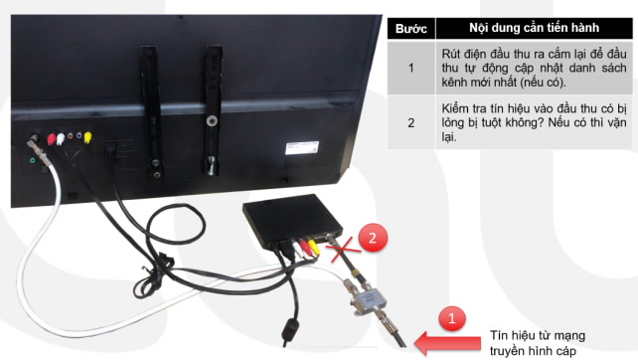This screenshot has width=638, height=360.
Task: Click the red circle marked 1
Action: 452,318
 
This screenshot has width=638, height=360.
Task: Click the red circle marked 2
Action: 373,237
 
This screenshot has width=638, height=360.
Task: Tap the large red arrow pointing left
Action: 447,343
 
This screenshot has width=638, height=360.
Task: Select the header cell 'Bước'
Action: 411,29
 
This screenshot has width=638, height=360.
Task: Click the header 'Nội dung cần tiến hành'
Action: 534,28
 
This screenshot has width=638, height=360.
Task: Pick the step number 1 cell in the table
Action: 411,68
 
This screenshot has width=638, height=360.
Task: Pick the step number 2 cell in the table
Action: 411,122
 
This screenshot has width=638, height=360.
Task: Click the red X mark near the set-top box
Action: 345,249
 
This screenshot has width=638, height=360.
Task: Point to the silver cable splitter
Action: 367,299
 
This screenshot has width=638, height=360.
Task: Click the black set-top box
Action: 293,221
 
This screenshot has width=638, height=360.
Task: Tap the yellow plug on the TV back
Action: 87,137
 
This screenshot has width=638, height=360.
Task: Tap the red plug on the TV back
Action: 51,139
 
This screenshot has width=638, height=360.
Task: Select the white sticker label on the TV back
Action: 302,147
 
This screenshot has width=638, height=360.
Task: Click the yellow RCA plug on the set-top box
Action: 313,247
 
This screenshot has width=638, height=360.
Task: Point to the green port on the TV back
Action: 33,160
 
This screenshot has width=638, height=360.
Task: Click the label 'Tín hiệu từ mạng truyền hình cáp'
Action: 538,343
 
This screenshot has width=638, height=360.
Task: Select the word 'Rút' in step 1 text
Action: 451,54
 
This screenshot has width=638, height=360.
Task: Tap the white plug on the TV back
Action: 61,139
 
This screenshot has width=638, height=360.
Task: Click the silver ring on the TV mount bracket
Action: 212,120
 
